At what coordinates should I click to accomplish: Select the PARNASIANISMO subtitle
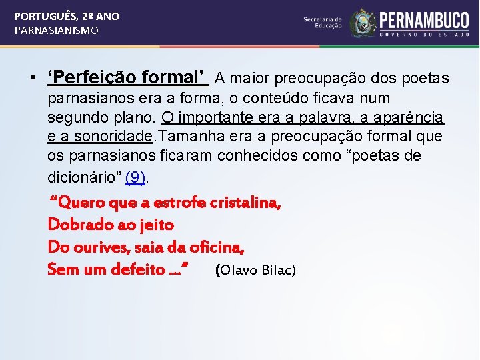(57, 31)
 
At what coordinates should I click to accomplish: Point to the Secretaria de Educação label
(323, 23)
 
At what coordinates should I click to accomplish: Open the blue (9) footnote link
(135, 177)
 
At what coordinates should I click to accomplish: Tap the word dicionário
(83, 177)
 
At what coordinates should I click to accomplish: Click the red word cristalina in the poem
(245, 203)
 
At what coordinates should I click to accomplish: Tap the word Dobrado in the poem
(79, 225)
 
